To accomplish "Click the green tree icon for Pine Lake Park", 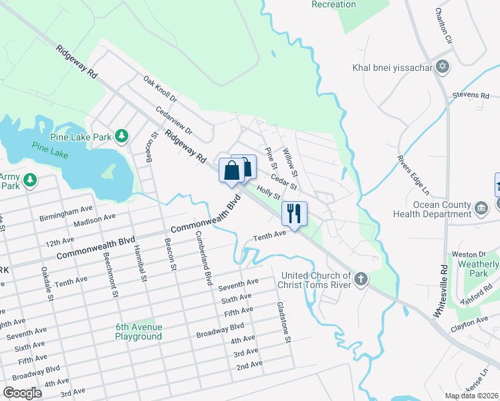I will coord(121,137).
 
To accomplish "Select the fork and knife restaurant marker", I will coord(293,213).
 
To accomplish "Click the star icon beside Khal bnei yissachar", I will coord(441,67).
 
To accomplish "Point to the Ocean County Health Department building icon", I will coord(481,209).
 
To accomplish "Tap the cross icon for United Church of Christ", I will coord(361,279).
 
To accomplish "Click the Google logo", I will coord(23,393).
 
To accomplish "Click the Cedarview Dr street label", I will coord(173,120).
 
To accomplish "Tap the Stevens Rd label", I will coord(471,96).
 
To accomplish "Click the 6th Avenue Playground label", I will coord(138,331).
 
